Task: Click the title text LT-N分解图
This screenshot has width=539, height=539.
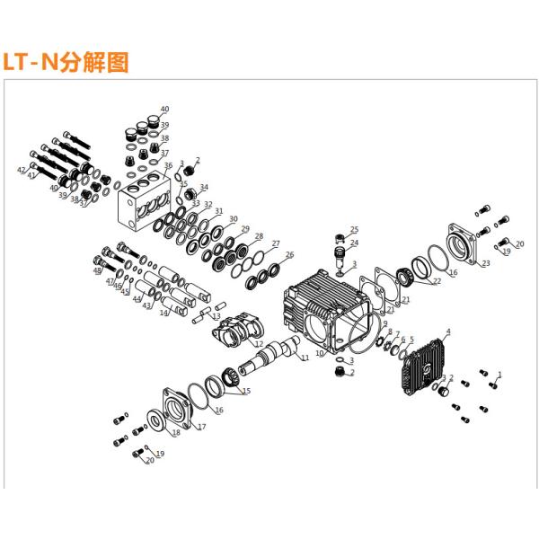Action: point(66,62)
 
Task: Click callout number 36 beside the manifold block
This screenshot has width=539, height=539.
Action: point(168,166)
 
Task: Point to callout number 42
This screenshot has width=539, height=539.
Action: point(22,169)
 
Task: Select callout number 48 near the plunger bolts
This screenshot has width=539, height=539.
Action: point(97,270)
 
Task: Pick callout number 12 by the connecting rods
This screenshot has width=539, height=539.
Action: point(259,344)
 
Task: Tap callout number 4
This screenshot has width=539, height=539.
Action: point(448,332)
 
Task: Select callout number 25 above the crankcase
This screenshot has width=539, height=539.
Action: point(354,230)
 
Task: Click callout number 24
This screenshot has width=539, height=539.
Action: point(354,243)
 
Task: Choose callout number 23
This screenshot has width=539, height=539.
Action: point(485,263)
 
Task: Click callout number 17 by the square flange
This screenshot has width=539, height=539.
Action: point(201,427)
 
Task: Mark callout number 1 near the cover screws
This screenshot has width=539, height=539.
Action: point(500,374)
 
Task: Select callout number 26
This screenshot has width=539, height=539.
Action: point(289,255)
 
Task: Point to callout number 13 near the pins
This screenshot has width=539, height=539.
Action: point(216,316)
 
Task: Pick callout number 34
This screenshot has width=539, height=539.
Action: point(204,188)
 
